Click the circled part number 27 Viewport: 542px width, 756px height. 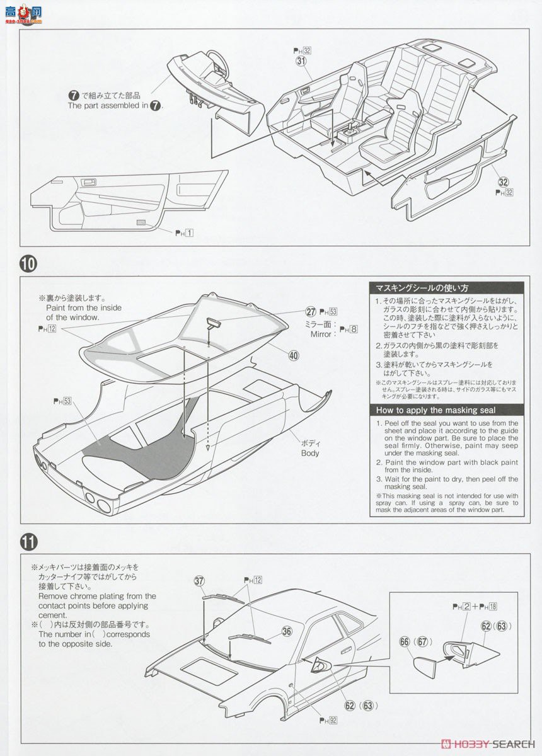pyautogui.click(x=310, y=311)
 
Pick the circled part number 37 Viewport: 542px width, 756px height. pyautogui.click(x=200, y=580)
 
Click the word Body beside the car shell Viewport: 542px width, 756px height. pyautogui.click(x=309, y=453)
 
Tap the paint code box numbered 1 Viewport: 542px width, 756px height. pyautogui.click(x=189, y=232)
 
